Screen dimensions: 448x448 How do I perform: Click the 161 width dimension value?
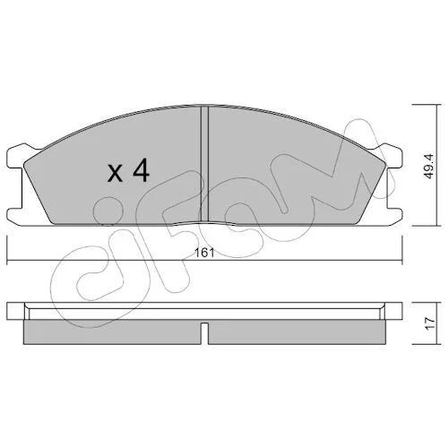click(204, 253)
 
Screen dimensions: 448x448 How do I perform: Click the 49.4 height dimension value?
click(429, 167)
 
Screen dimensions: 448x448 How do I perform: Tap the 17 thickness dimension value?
click(429, 323)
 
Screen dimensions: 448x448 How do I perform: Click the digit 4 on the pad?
click(141, 170)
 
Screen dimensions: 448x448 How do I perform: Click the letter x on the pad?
click(115, 174)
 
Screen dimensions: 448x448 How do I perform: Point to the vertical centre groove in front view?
click(204, 164)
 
